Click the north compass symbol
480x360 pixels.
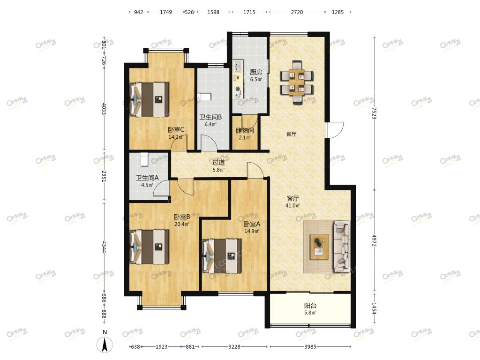coord(105,345)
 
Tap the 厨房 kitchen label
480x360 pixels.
coord(256,72)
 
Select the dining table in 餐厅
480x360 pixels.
coord(297,82)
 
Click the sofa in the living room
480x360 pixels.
coord(342,247)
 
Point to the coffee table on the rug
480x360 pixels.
coord(319,247)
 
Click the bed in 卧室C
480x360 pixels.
coord(150,99)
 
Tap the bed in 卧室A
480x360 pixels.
coord(222,256)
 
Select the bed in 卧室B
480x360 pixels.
coord(150,247)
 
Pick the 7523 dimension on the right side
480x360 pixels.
coord(374,113)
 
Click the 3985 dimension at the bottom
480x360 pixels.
coord(310,346)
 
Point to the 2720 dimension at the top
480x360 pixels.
coord(297,12)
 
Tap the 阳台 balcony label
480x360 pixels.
coord(310,306)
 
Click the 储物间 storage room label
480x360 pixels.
coord(245,130)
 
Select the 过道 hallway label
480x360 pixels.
coord(218,163)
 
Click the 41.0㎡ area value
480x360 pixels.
coord(292,206)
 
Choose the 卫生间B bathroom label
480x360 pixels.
coord(210,117)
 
